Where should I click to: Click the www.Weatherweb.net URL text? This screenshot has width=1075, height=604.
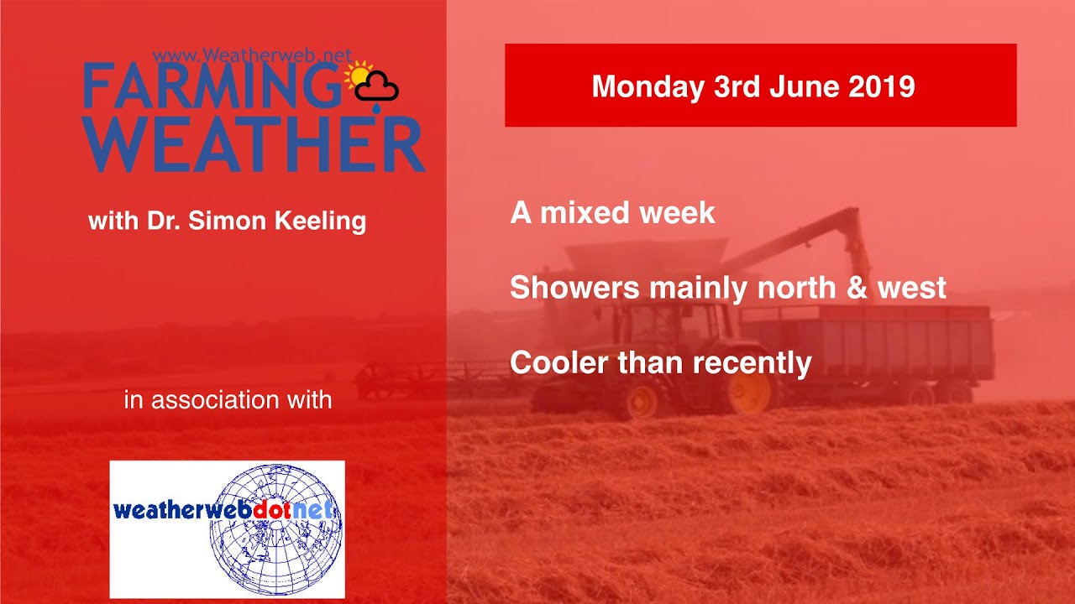point(252,56)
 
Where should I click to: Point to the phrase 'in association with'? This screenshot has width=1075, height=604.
point(228,399)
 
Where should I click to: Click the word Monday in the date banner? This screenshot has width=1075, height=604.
point(647,86)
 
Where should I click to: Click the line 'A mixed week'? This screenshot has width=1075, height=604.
point(612,213)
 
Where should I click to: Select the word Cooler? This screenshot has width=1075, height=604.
point(559,363)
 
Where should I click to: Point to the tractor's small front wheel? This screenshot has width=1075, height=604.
point(642,402)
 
